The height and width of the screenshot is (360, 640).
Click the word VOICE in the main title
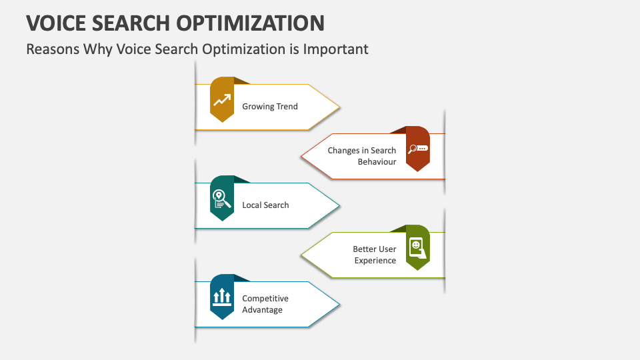pyautogui.click(x=57, y=23)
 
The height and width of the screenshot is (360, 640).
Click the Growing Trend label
pyautogui.click(x=269, y=107)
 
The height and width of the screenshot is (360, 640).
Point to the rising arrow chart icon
pyautogui.click(x=222, y=100)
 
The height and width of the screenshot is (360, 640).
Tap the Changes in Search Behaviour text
pyautogui.click(x=361, y=156)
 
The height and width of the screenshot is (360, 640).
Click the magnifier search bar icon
pyautogui.click(x=418, y=149)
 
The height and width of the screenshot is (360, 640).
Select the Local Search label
pyautogui.click(x=265, y=205)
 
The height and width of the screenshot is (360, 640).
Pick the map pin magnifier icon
pyautogui.click(x=222, y=199)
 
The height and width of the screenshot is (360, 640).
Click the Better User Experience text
pyautogui.click(x=375, y=255)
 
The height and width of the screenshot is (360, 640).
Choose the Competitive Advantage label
pyautogui.click(x=265, y=304)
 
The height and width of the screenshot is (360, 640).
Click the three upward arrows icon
pyautogui.click(x=221, y=297)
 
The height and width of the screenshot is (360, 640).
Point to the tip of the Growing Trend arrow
pyautogui.click(x=339, y=107)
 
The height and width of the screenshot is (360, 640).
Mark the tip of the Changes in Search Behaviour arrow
pyautogui.click(x=302, y=156)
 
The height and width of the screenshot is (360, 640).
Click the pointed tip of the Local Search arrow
pyautogui.click(x=339, y=205)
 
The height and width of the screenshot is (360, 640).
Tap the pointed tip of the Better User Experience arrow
pyautogui.click(x=302, y=255)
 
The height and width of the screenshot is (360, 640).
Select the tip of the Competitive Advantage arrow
pyautogui.click(x=339, y=304)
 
